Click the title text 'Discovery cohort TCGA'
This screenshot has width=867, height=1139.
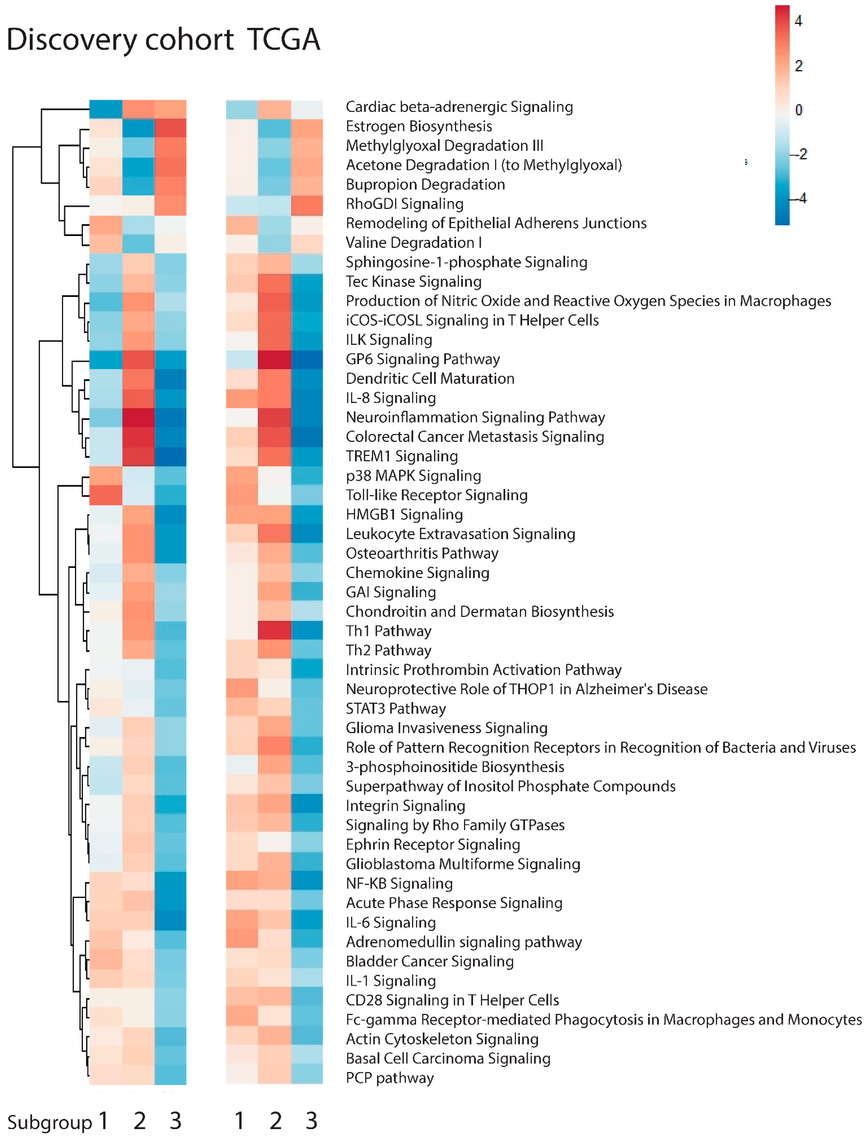pos(163,40)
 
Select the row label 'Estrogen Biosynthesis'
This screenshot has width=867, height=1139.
pos(419,126)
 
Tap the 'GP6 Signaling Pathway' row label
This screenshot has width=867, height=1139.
pos(423,359)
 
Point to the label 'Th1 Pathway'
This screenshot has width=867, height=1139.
pos(388,631)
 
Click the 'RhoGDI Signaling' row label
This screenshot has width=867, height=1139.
pos(405,204)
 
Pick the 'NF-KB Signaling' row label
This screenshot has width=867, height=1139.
pos(399,884)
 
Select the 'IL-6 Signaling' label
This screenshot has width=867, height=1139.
pos(391,922)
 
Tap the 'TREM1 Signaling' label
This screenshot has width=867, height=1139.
pos(402,456)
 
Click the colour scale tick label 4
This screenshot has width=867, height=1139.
pos(798,21)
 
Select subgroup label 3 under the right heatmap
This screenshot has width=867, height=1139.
pos(311,1120)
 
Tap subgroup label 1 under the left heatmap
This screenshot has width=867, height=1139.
pos(104,1120)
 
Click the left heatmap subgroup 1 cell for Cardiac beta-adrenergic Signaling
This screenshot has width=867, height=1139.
pos(106,109)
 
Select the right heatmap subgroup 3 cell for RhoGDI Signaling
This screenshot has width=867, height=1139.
pos(307,205)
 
